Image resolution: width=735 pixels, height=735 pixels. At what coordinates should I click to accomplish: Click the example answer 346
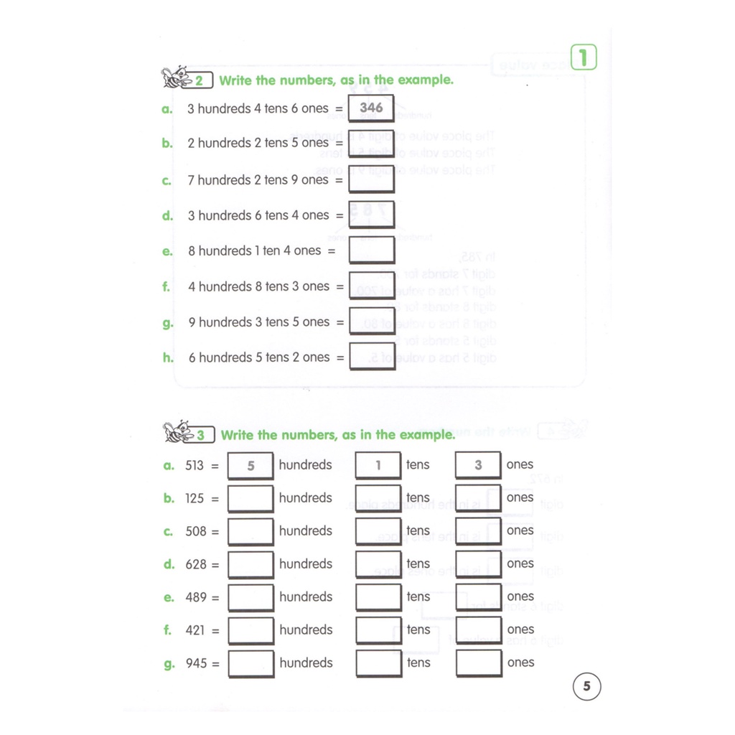coord(371,108)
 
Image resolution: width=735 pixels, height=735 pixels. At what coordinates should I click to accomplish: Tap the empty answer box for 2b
coord(371,144)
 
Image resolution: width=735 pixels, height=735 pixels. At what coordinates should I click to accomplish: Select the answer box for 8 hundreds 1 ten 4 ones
coord(372,251)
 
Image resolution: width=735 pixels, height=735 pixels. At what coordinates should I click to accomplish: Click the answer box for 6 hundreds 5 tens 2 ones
coord(373,357)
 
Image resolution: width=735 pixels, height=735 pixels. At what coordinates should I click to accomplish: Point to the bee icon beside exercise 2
coord(177,78)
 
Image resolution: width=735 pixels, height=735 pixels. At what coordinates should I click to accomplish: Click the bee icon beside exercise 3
coord(178,431)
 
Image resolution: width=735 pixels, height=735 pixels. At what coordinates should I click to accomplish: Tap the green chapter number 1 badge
coord(584,57)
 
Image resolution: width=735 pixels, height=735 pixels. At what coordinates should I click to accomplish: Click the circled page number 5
coord(587,686)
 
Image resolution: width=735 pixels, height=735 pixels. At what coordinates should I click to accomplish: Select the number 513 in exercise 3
coord(195,465)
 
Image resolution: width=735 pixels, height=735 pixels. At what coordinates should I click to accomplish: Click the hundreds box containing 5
coord(251,465)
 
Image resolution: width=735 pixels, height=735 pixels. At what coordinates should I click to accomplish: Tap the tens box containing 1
coord(378,465)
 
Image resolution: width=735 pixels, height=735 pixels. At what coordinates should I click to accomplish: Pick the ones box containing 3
coord(478,465)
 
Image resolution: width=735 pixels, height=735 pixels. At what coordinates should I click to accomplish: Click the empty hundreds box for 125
coord(251,498)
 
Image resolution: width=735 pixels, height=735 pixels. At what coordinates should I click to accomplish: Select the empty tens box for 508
coord(378,531)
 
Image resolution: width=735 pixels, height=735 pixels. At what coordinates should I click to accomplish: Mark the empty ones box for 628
coord(479,564)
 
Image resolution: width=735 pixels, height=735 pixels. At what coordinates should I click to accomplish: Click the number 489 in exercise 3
coord(196,597)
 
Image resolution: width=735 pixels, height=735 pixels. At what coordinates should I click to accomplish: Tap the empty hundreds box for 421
coord(251,630)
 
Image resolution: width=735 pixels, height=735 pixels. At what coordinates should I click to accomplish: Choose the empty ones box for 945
coord(479,663)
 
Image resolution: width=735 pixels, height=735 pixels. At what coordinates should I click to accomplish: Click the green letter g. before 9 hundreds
coord(168,323)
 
